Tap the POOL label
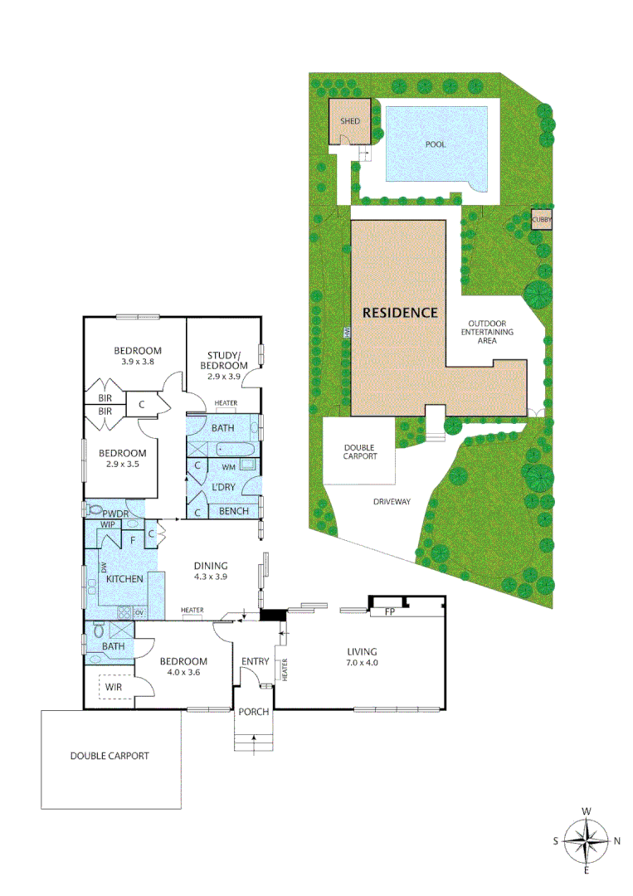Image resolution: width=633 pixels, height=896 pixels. pos(436,144)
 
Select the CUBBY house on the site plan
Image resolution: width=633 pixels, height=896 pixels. pos(542,220)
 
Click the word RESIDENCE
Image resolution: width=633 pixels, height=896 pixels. pos(399,313)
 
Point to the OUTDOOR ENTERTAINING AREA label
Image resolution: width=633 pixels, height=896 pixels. pos(491,331)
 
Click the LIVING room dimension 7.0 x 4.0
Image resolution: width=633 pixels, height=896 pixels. pos(363,663)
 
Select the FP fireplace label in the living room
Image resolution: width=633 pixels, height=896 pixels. pos(388,612)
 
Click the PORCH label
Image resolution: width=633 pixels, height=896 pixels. pos(253,712)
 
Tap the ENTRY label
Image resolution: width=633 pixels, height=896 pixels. pos(255,661)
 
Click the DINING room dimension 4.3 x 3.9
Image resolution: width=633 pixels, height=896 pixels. pos(209,577)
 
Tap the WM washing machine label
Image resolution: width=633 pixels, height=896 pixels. pos(228,468)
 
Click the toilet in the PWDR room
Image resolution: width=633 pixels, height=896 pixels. pos(93,509)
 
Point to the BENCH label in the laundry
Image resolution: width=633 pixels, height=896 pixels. pos(233,511)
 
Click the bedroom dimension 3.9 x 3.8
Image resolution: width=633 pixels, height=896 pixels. pos(137,362)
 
